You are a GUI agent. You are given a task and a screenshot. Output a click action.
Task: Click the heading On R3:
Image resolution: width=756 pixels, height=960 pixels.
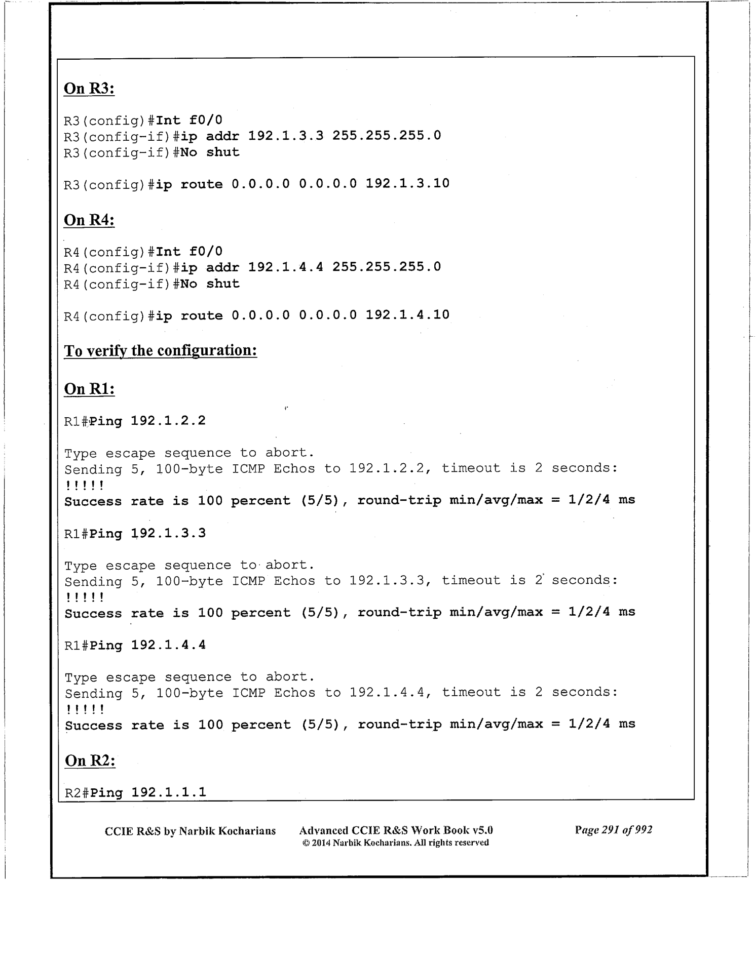click(x=89, y=89)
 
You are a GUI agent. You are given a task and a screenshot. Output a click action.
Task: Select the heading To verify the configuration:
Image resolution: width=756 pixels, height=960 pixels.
click(x=160, y=350)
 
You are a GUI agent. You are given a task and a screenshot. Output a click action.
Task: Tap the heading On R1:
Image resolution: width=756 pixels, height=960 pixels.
click(x=89, y=389)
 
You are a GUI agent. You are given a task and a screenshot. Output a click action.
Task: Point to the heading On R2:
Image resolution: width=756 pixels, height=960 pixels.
click(x=90, y=761)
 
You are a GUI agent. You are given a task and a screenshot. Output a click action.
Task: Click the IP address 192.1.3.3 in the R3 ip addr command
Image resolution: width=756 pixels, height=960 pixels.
click(x=285, y=136)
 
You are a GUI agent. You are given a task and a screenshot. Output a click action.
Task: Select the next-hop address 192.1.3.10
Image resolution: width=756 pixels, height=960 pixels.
click(x=407, y=183)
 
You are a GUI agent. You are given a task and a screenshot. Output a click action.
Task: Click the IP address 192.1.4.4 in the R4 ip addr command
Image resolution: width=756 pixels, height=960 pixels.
click(x=285, y=267)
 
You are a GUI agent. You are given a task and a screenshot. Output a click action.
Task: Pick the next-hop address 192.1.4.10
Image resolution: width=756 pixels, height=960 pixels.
click(x=407, y=315)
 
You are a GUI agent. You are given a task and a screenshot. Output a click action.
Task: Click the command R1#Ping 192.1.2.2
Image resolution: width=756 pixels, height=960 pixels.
click(x=135, y=421)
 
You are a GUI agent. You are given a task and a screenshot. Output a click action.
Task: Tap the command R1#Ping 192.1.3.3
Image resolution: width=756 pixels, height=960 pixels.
click(x=135, y=533)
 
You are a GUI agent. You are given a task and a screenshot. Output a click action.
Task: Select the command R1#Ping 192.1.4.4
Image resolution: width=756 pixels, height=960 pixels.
click(x=135, y=645)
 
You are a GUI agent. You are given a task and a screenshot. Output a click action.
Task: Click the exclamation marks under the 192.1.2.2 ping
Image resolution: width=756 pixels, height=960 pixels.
click(x=85, y=486)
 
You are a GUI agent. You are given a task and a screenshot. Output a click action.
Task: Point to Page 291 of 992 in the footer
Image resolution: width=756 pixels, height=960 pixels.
click(x=613, y=830)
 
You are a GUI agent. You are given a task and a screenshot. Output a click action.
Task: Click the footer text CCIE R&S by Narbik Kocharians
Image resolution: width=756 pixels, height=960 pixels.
click(x=190, y=831)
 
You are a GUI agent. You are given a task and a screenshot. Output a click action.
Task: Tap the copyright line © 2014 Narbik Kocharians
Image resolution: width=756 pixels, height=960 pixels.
click(x=395, y=843)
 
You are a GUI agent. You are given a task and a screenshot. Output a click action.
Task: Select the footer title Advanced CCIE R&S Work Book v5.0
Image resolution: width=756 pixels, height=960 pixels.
click(x=396, y=830)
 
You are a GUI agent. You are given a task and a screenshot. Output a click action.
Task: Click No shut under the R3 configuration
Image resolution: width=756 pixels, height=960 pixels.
click(x=210, y=152)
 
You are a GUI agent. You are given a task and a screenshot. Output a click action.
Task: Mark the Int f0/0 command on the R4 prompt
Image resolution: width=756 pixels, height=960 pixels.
click(x=189, y=252)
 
